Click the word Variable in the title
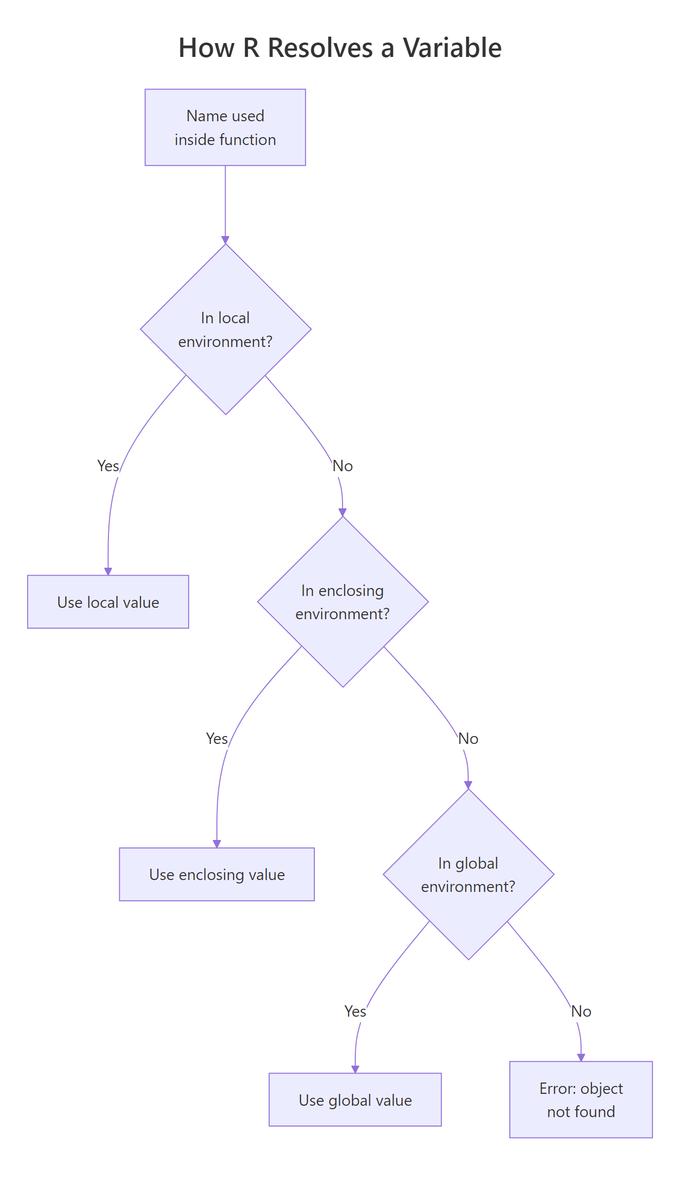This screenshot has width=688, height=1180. [452, 48]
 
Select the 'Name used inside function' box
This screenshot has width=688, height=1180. [225, 127]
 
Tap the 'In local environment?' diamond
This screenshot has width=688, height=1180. [226, 329]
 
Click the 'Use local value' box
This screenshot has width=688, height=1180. [108, 602]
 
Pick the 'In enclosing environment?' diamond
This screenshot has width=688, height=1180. [343, 602]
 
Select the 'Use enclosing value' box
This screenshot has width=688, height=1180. [217, 875]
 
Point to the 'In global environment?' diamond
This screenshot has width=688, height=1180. [468, 875]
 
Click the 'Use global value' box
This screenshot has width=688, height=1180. [355, 1100]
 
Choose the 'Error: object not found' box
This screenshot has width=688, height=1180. [581, 1100]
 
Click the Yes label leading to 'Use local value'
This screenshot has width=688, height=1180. [108, 466]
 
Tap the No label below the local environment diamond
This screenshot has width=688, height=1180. [343, 466]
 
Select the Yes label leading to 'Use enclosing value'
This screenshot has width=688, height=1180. [217, 738]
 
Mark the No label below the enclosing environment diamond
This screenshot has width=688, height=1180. [468, 738]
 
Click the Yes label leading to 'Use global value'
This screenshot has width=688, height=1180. [355, 1011]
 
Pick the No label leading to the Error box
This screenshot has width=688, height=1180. [581, 1011]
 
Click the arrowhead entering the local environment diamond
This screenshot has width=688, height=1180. [225, 240]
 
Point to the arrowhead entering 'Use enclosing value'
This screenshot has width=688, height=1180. [217, 843]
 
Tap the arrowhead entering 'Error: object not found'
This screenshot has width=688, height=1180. [581, 1057]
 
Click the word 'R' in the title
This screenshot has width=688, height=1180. [251, 48]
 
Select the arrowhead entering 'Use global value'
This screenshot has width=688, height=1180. [355, 1069]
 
